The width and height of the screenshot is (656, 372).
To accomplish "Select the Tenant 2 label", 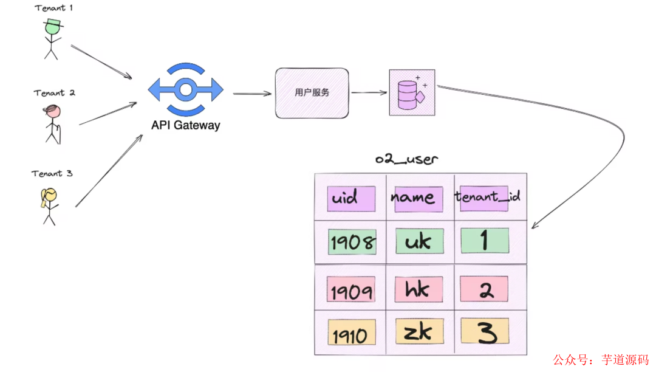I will click(x=55, y=93).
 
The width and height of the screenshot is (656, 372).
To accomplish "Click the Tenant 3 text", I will click(x=52, y=174).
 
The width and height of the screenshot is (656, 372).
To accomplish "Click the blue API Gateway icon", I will click(x=186, y=90).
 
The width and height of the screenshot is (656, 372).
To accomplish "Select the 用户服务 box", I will click(x=312, y=93).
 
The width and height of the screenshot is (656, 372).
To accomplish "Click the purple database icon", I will click(x=412, y=93).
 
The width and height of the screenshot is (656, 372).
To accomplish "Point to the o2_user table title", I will click(x=406, y=159).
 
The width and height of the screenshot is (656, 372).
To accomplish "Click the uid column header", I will click(x=350, y=198).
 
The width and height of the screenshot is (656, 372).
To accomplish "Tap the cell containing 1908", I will click(x=351, y=242).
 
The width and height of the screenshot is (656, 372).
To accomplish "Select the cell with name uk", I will click(x=419, y=241).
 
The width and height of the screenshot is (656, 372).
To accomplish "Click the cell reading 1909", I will click(x=350, y=291).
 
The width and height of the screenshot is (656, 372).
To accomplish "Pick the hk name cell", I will click(x=419, y=289).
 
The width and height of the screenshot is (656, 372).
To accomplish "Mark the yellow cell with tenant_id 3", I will click(x=485, y=332).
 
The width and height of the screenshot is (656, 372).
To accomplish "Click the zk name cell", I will click(x=419, y=332).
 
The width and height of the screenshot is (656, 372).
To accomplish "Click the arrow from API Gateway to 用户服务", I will click(x=252, y=94).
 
